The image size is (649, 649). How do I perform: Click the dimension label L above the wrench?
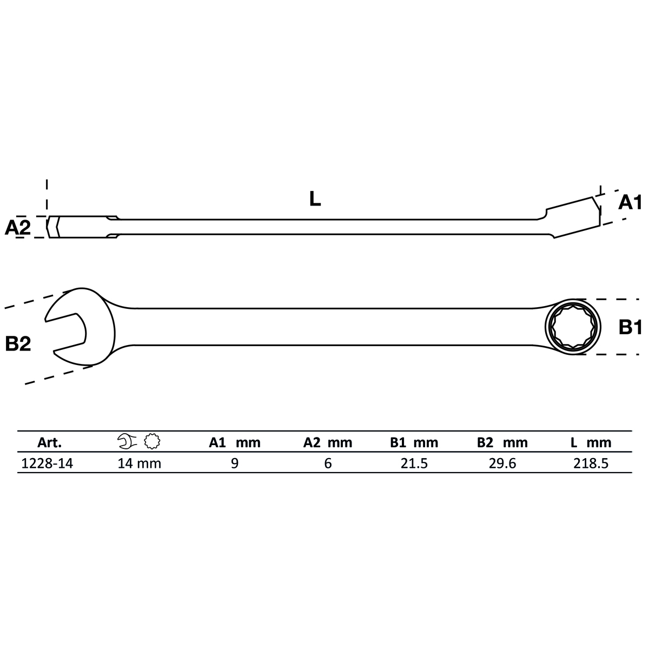315,198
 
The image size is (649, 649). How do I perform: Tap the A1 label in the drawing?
630,202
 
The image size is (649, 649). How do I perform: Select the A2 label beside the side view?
17,227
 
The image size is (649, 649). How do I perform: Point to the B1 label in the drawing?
630,327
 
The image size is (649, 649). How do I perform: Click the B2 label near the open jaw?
18,344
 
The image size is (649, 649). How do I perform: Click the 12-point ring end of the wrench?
573,326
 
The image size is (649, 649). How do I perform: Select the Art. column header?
50,442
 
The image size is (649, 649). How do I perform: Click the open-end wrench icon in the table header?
127,441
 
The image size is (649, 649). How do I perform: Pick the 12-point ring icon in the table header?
152,441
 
